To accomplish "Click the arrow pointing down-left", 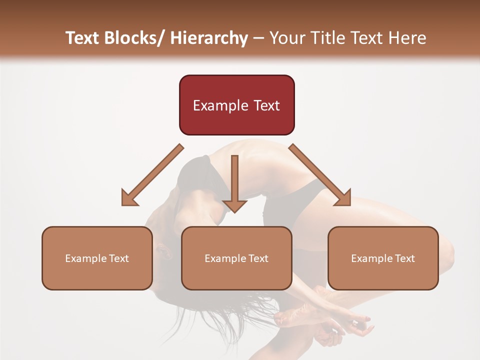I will pyautogui.click(x=152, y=175).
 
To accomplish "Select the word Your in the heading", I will pyautogui.click(x=285, y=38).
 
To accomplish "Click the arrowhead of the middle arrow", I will pyautogui.click(x=234, y=205).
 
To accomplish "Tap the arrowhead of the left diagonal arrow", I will pyautogui.click(x=129, y=199).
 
